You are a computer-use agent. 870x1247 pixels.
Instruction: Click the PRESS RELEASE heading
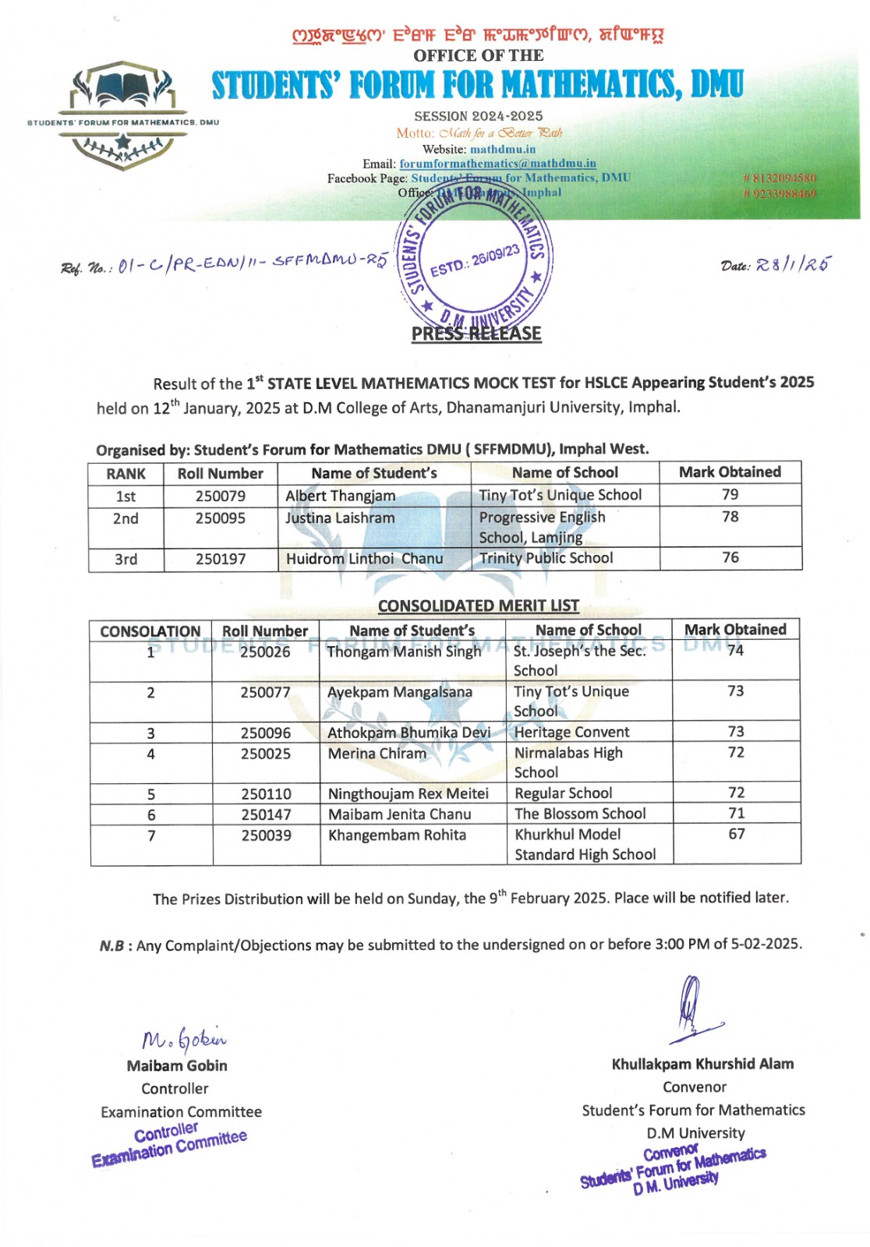click(476, 334)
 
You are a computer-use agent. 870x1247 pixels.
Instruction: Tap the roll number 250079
click(221, 496)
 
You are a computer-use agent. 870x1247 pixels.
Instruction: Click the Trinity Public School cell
click(546, 558)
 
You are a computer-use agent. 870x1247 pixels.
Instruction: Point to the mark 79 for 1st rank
click(730, 494)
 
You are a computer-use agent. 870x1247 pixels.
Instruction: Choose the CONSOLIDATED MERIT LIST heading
click(478, 606)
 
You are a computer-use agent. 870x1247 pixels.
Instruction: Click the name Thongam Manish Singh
click(404, 652)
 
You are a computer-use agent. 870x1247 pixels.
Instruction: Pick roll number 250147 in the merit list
click(266, 814)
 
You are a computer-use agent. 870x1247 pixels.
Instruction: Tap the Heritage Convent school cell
click(571, 732)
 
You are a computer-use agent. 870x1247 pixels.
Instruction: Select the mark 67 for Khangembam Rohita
click(736, 834)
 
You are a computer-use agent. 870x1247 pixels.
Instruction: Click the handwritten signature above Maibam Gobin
click(184, 1037)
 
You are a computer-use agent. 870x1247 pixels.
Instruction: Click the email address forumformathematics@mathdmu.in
click(497, 164)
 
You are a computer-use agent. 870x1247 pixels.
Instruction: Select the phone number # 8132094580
click(780, 178)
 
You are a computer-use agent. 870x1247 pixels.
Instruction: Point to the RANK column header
click(126, 474)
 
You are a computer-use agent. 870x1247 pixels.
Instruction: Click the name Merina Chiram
click(377, 754)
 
